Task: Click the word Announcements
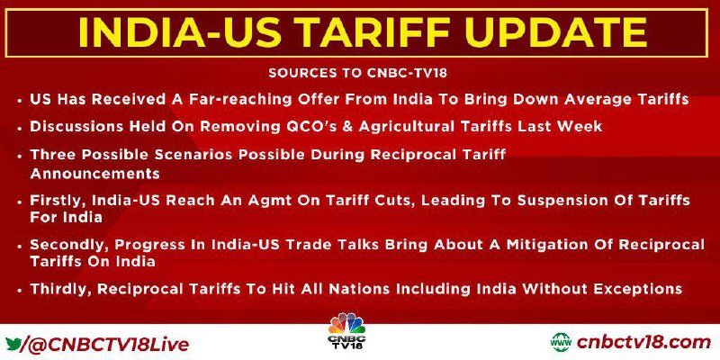point(95,174)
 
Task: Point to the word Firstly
point(58,201)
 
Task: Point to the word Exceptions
point(641,289)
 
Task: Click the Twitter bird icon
point(13,343)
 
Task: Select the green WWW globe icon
point(562,343)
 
